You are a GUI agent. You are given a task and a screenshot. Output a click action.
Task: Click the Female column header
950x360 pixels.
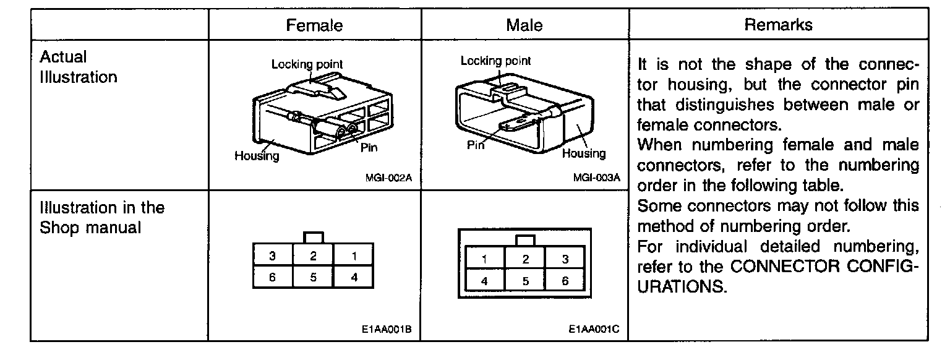314,25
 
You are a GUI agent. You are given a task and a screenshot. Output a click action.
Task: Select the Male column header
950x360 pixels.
524,25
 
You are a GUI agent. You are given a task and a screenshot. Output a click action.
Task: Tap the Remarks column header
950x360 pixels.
778,25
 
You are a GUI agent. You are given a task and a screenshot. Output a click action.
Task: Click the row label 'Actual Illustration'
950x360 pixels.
78,67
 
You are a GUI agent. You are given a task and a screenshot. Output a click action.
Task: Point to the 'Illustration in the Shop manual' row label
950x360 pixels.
102,217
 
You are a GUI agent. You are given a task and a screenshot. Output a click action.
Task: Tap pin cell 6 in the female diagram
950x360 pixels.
272,277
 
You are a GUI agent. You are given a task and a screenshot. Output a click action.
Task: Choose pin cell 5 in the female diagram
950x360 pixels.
313,277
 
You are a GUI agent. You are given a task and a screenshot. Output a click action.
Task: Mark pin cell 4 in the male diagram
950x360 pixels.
484,280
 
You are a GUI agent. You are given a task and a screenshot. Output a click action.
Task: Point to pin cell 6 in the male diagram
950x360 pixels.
565,280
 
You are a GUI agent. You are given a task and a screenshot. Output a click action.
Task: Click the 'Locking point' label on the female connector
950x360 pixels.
307,64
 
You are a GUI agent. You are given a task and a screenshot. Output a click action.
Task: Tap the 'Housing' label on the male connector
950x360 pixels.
583,153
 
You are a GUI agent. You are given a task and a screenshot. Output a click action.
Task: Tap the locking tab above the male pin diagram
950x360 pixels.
524,240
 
